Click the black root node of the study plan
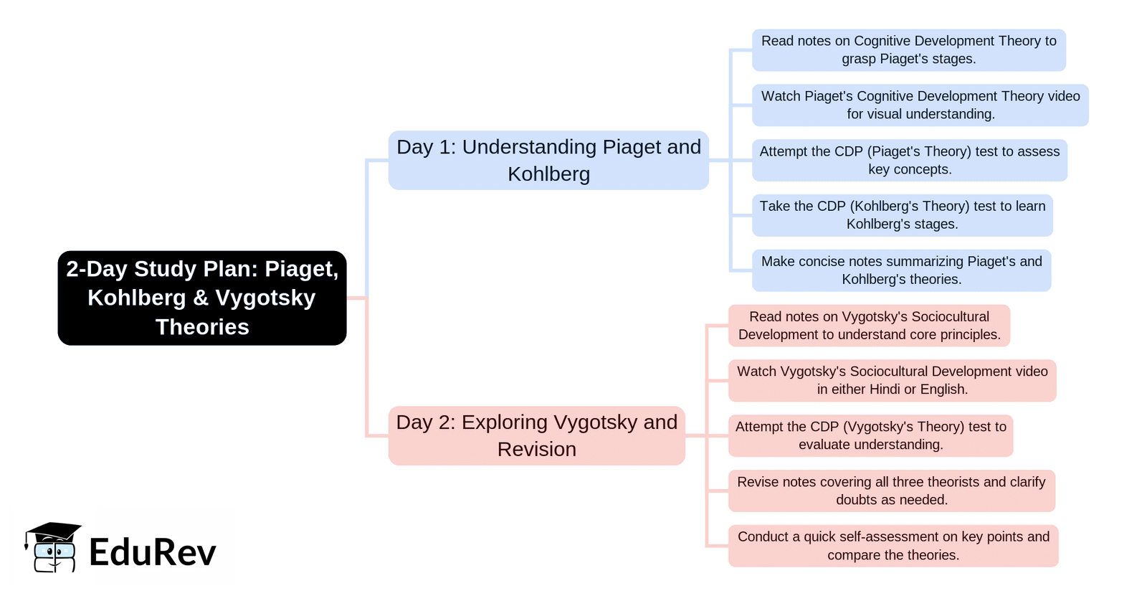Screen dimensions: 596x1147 202,298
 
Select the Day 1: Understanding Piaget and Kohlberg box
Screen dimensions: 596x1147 548,160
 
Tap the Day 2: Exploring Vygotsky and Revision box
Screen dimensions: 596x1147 536,435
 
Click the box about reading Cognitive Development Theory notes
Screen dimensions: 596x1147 908,50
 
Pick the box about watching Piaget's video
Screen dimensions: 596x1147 920,105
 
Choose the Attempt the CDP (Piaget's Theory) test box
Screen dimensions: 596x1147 909,160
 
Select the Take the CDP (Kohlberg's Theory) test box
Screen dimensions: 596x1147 902,215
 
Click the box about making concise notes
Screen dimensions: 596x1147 901,270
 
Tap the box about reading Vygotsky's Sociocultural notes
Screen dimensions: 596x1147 869,326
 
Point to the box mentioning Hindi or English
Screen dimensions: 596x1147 892,381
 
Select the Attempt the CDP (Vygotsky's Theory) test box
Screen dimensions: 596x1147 870,435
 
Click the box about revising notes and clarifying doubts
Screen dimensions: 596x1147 891,491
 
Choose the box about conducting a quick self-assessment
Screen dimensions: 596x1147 893,546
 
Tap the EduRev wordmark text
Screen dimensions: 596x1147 152,552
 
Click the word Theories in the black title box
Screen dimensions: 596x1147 202,327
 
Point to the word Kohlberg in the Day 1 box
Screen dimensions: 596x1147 548,174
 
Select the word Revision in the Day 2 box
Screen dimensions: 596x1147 536,450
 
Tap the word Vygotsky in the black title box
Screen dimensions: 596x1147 265,298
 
